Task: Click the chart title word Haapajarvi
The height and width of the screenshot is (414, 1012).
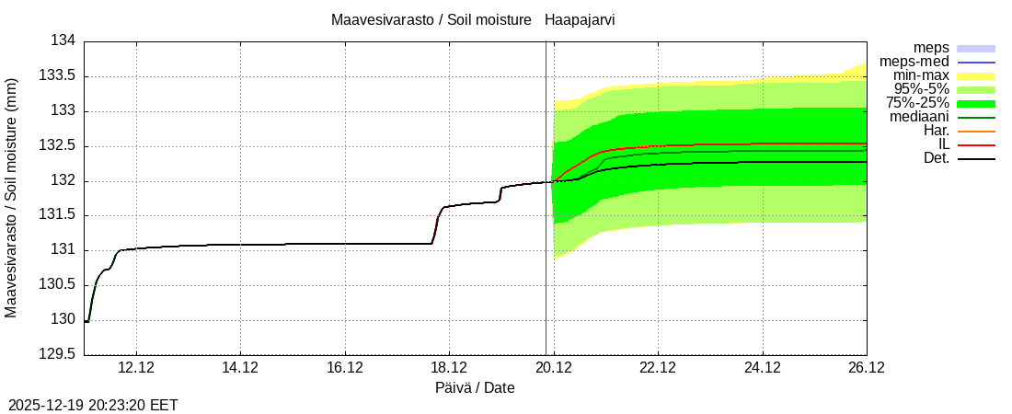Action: (580, 20)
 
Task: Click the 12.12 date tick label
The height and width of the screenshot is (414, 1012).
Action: (135, 368)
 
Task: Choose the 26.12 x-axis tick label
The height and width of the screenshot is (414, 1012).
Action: (867, 368)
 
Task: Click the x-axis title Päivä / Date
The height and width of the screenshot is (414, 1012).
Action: (475, 388)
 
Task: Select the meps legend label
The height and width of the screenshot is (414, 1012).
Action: (931, 48)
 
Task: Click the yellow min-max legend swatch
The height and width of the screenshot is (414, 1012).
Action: (976, 75)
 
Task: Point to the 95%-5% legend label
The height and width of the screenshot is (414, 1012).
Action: (921, 89)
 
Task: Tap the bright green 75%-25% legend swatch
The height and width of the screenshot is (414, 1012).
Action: (976, 103)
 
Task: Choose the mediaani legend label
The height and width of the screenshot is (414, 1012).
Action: (919, 117)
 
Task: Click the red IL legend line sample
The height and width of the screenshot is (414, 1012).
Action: (976, 144)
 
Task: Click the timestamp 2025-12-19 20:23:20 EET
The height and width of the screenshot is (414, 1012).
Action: (93, 405)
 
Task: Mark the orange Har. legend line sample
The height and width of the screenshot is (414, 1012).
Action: (976, 131)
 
